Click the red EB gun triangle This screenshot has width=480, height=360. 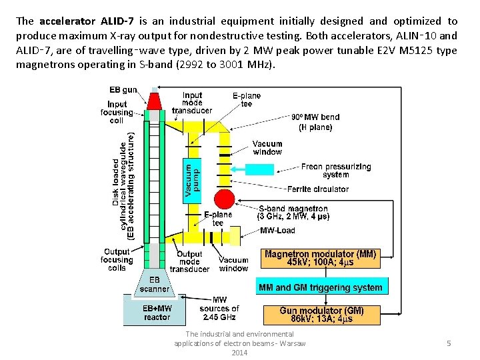[154, 101]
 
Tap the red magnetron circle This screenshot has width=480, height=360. [224, 199]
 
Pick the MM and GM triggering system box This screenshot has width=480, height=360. [320, 288]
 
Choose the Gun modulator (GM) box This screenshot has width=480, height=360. [321, 315]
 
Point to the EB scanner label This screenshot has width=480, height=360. [154, 285]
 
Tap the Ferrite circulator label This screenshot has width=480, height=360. [318, 189]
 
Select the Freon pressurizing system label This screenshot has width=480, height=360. [336, 171]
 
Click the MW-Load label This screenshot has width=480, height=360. [277, 231]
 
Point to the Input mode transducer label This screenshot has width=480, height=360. [192, 103]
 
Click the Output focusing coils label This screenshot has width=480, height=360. [117, 260]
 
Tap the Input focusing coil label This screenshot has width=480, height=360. [117, 112]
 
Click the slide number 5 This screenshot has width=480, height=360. [449, 343]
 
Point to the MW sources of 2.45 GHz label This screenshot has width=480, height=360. [219, 309]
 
